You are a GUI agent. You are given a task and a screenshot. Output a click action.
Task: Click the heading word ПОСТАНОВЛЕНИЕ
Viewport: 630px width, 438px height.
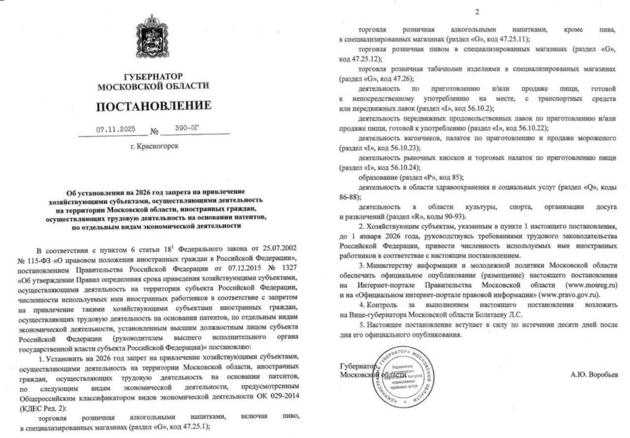pos(153,106)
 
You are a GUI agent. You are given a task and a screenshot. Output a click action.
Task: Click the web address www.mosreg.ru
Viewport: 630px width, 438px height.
pos(587,285)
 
